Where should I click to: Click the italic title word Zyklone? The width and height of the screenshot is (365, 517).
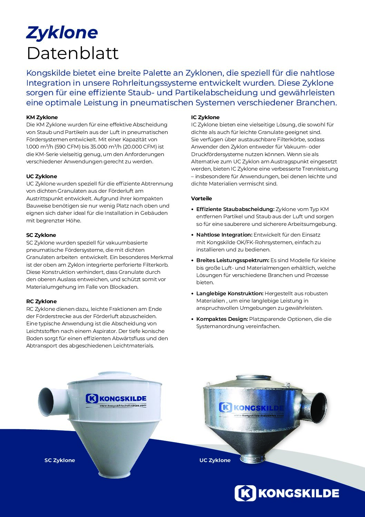point(62,33)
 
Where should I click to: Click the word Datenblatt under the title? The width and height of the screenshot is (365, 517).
point(72,53)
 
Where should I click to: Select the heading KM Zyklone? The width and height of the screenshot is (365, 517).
point(42,117)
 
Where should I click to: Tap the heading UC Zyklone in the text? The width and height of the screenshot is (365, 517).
point(42,176)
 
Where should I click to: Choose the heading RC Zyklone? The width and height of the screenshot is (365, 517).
point(41,301)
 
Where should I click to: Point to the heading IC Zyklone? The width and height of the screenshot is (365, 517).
point(205,117)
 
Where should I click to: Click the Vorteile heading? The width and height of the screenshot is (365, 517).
point(201,199)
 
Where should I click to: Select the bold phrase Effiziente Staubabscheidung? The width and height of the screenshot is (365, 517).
point(235,209)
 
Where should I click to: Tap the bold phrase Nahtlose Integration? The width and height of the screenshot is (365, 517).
point(224,235)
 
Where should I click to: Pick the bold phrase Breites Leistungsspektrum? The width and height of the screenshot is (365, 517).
point(233,260)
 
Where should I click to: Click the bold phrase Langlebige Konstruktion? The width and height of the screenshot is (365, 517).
point(230,294)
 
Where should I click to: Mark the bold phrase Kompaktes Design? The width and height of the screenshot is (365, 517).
point(222,319)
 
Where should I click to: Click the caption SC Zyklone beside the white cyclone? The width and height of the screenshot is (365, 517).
point(60,460)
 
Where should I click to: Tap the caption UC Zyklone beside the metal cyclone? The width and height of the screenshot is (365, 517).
point(215,460)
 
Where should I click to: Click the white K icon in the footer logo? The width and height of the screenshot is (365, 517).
point(245,493)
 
